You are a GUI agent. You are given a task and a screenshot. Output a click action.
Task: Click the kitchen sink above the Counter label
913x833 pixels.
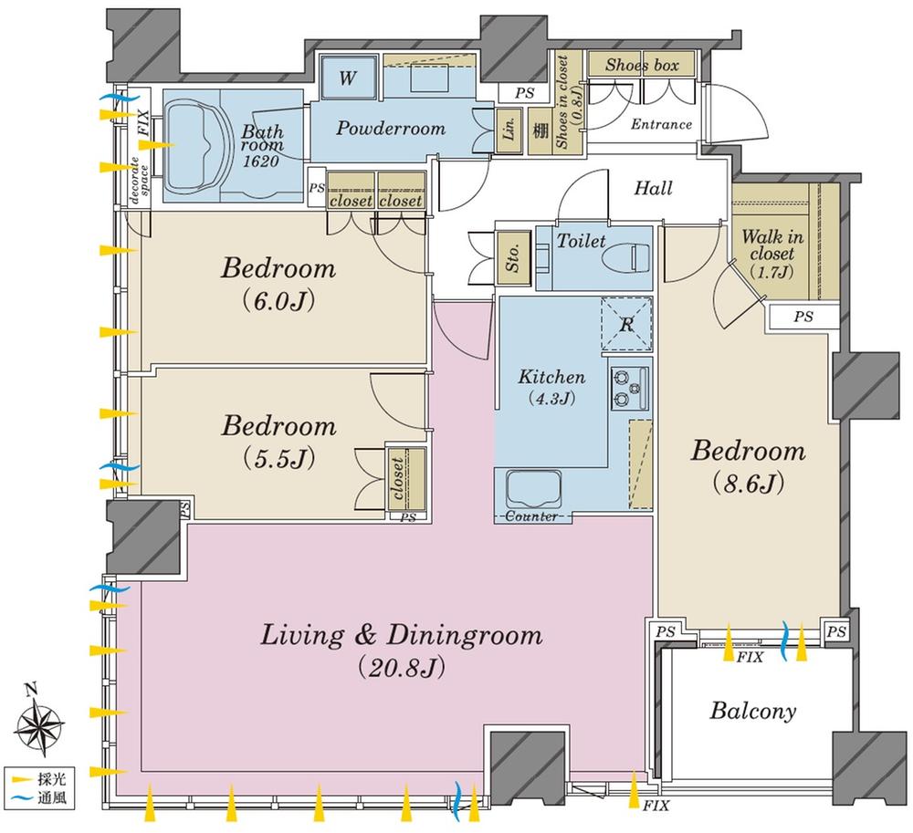point(531,489)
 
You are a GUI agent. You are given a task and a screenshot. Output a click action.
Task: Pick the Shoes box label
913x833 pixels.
point(641,65)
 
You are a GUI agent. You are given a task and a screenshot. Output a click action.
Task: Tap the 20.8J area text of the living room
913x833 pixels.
point(402,670)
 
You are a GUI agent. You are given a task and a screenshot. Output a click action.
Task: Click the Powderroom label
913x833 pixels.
point(391,129)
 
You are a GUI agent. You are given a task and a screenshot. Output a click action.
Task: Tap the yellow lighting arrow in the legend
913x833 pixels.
point(21,782)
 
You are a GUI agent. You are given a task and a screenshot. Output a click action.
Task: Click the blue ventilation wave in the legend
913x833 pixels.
point(21,800)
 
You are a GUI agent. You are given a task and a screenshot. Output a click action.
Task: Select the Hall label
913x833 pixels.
point(653,189)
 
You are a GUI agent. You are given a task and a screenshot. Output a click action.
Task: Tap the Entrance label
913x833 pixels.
point(661,125)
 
